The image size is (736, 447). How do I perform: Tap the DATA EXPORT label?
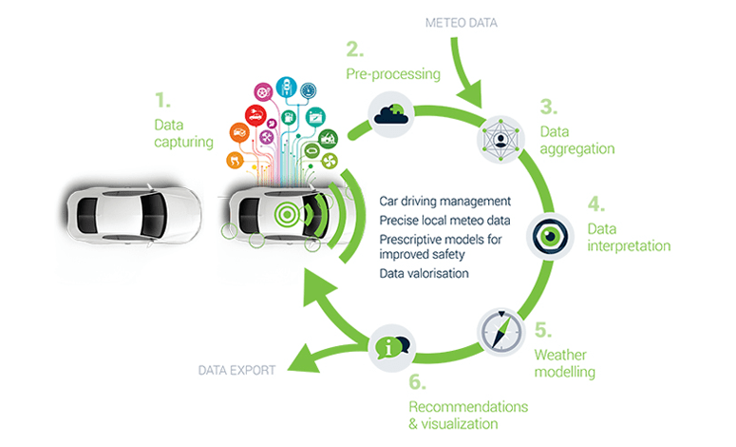point(236,370)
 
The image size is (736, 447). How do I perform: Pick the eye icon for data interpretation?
point(550,236)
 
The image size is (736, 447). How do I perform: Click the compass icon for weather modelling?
point(500,330)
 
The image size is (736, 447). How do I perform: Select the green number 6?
point(416,382)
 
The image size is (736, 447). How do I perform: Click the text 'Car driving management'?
point(445,202)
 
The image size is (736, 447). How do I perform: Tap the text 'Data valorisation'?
point(424,273)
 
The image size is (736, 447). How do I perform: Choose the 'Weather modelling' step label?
point(565,363)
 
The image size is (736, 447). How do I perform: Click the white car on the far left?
point(134,210)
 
